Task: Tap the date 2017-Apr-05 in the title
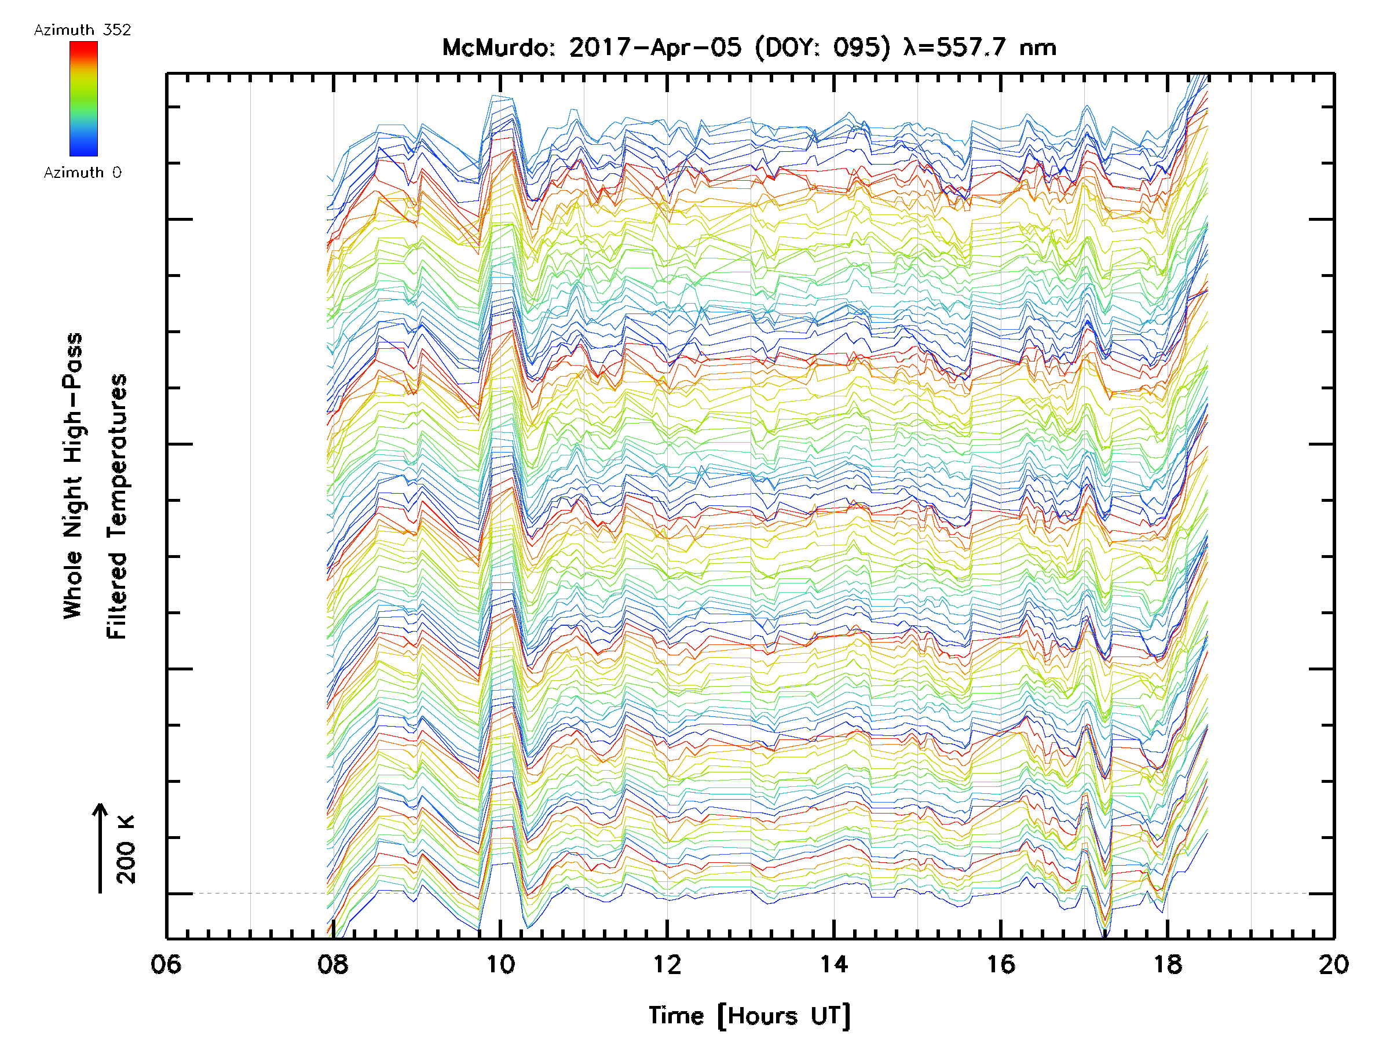click(655, 48)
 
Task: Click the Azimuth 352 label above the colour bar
click(82, 30)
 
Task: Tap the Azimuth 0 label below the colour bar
click(82, 173)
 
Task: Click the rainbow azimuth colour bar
click(83, 99)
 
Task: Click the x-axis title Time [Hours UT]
click(749, 1016)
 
